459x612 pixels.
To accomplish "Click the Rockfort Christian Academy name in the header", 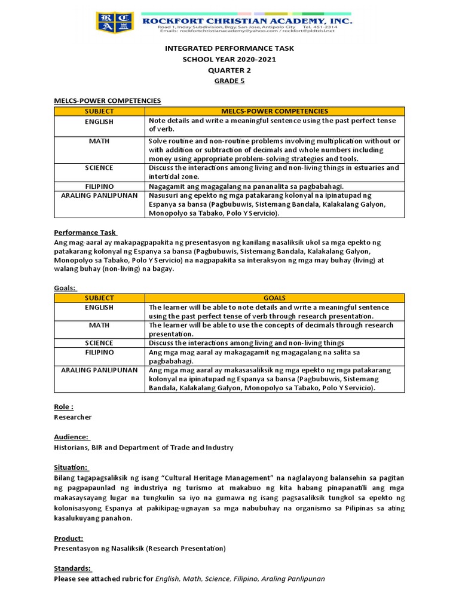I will pyautogui.click(x=246, y=20).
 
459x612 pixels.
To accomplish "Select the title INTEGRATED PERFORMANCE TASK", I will pyautogui.click(x=229, y=48).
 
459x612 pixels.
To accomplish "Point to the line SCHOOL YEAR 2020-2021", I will pyautogui.click(x=229, y=59).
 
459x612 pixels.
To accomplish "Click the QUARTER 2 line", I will pyautogui.click(x=229, y=70).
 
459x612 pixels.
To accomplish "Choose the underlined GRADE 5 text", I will pyautogui.click(x=229, y=81).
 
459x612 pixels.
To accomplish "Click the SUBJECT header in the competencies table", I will pyautogui.click(x=99, y=111).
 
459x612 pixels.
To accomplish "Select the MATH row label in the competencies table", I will pyautogui.click(x=99, y=141).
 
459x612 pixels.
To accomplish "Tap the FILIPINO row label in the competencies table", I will pyautogui.click(x=99, y=186).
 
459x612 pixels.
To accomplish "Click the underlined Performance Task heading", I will pyautogui.click(x=85, y=232).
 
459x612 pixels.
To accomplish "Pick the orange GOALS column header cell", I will pyautogui.click(x=274, y=298).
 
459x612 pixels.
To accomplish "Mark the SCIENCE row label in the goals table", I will pyautogui.click(x=99, y=343).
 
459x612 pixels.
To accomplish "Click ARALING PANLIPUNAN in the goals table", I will pyautogui.click(x=99, y=370).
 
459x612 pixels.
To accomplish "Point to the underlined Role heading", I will pyautogui.click(x=63, y=406).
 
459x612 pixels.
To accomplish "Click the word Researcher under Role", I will pyautogui.click(x=73, y=417).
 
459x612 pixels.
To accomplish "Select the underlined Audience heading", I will pyautogui.click(x=71, y=437).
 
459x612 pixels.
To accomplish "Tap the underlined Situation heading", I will pyautogui.click(x=71, y=467).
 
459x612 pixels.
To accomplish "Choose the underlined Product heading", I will pyautogui.click(x=68, y=538).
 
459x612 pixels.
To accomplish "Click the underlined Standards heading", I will pyautogui.click(x=73, y=568).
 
